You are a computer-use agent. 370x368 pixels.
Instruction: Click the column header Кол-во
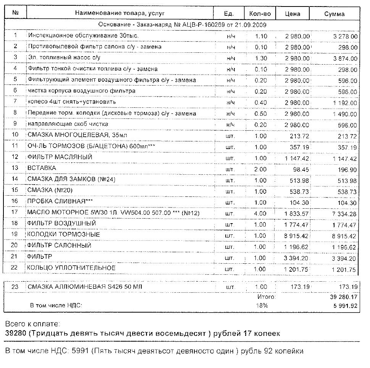260,13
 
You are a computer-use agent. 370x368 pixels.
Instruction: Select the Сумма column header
334,14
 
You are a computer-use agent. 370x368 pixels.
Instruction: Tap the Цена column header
292,14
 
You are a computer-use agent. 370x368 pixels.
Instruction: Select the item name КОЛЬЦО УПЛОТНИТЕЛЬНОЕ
71,268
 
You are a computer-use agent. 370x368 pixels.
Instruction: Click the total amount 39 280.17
343,297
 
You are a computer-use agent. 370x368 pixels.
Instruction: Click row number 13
15,169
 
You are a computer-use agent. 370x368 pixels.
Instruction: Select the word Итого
266,297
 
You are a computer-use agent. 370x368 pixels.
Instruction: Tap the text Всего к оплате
32,324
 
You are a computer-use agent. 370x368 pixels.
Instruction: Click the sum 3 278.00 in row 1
345,36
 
